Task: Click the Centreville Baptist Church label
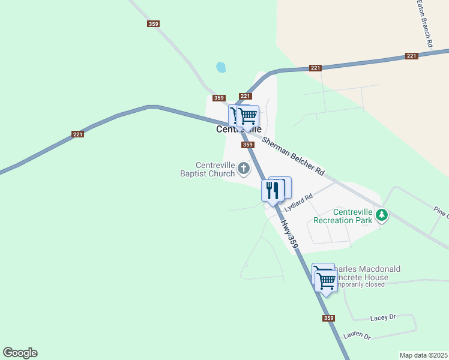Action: (x=208, y=170)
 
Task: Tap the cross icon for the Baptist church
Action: (x=244, y=169)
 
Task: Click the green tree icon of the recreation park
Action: (x=381, y=214)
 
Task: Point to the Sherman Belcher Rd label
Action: (x=293, y=156)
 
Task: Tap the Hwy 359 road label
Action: (x=289, y=233)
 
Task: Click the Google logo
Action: (x=20, y=353)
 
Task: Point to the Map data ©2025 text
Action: (x=423, y=355)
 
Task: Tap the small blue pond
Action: (x=221, y=67)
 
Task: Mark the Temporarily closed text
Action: (x=360, y=285)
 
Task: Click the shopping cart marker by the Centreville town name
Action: (x=247, y=116)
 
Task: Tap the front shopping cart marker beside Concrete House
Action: (x=326, y=281)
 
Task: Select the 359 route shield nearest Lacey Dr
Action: (x=328, y=318)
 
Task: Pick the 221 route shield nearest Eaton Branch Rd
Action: (x=411, y=56)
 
